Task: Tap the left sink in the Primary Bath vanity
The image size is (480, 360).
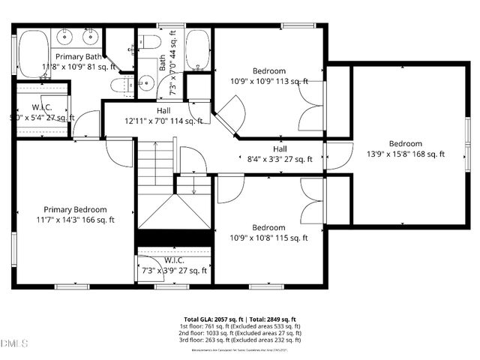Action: (65, 36)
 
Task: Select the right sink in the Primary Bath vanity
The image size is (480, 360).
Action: (92, 36)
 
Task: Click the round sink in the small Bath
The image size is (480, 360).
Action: (147, 85)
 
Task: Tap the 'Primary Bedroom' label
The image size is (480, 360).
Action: (74, 209)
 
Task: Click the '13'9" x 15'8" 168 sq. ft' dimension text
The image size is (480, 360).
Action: (405, 154)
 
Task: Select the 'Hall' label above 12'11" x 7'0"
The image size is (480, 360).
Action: (163, 110)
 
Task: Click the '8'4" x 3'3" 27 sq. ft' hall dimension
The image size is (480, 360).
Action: (279, 158)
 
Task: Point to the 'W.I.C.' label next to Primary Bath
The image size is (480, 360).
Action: (41, 107)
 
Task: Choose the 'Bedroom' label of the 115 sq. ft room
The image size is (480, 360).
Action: (268, 227)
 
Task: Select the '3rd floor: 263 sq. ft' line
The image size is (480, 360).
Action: (239, 340)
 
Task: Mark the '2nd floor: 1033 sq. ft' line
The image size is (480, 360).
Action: (239, 334)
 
